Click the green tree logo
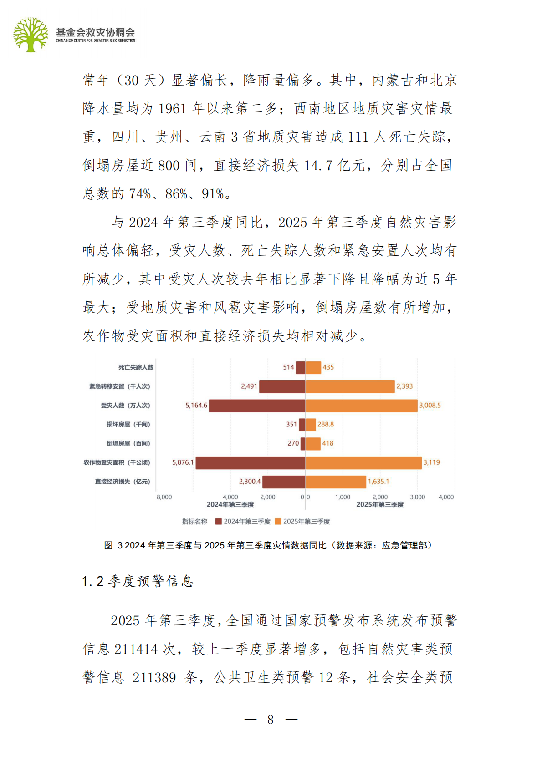(31, 35)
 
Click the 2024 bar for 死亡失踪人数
(300, 367)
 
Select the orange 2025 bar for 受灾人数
(361, 406)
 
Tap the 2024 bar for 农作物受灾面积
(250, 462)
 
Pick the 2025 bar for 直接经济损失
(336, 482)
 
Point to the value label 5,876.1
(183, 462)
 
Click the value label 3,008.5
(430, 406)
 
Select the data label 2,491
(249, 386)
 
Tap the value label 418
(327, 443)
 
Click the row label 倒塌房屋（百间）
(128, 443)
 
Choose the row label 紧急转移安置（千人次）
(119, 386)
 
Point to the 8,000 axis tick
(164, 497)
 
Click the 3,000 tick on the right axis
(417, 497)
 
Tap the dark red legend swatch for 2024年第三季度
(219, 522)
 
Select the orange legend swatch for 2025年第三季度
(278, 522)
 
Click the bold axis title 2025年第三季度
(380, 505)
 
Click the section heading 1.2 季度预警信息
(138, 581)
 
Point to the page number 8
(271, 720)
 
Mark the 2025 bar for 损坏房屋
(310, 425)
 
